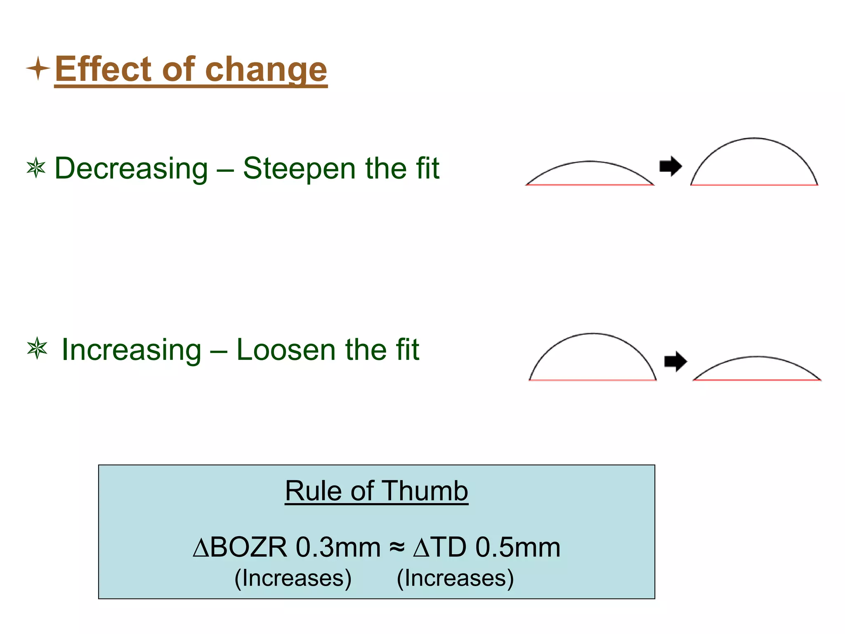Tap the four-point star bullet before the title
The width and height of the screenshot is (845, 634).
click(38, 68)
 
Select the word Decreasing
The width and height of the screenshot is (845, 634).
click(131, 169)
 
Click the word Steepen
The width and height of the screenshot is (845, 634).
click(299, 169)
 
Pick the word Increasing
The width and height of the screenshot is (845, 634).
click(131, 350)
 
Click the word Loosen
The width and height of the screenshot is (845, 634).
click(286, 350)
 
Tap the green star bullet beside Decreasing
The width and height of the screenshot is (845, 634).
click(36, 168)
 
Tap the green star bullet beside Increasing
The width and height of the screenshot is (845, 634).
click(37, 348)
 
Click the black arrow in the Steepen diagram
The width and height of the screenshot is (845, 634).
click(670, 166)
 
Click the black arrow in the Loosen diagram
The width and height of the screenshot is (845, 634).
click(675, 362)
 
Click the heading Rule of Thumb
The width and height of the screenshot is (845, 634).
click(376, 491)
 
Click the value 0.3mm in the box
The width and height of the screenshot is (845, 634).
click(338, 548)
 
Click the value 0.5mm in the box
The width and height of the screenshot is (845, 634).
click(518, 548)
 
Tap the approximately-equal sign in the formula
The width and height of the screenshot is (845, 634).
click(397, 548)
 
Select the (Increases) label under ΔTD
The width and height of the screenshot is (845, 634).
click(455, 578)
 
